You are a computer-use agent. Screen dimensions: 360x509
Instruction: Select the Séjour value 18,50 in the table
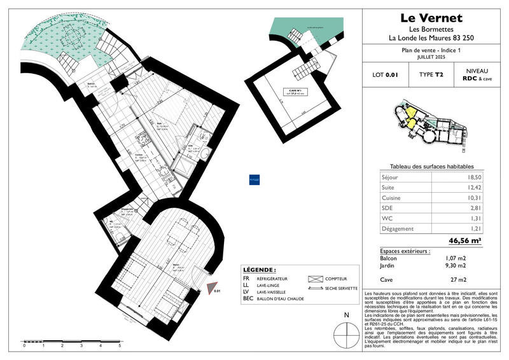471,177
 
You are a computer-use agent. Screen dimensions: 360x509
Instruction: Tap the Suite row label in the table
388,188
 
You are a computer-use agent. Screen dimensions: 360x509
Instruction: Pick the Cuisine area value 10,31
471,198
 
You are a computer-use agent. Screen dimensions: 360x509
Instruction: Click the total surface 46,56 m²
465,240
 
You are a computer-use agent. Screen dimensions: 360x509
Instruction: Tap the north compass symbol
346,333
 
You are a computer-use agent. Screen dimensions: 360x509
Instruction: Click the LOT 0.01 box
385,75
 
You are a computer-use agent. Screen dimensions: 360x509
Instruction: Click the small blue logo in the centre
254,180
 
